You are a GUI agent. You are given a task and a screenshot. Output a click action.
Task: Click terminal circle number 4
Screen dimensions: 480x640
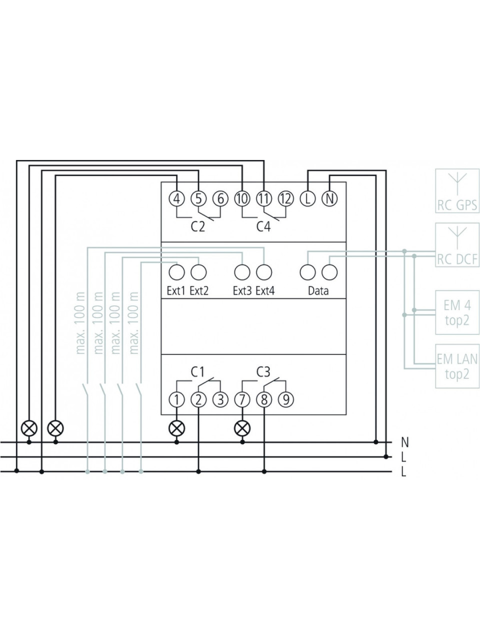coord(176,199)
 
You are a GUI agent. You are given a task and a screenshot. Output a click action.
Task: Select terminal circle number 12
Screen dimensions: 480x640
coord(286,199)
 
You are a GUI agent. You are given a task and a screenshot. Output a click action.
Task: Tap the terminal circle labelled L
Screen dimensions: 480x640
coord(308,199)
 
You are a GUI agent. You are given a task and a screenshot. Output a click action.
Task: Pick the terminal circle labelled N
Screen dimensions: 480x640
coord(329,199)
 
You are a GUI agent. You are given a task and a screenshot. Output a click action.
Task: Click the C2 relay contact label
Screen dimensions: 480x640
coord(198,226)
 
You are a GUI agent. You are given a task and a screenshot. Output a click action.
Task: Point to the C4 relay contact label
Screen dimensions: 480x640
coord(264,226)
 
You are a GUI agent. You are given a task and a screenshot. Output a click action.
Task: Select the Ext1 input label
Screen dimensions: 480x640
coord(176,290)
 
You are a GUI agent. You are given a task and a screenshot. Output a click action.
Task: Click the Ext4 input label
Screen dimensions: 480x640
coord(265,290)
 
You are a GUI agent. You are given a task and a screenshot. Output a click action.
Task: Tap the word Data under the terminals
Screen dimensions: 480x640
coord(318,290)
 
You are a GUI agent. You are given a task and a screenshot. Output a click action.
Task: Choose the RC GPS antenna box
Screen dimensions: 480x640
coord(457,190)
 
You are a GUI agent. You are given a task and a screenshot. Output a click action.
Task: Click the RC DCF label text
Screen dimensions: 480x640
coord(457,259)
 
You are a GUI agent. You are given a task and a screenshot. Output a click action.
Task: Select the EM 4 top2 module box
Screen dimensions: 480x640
coord(457,312)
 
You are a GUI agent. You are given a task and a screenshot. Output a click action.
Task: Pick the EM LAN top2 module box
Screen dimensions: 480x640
coord(457,366)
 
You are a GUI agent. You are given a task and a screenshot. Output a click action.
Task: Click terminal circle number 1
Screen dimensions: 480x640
coord(176,399)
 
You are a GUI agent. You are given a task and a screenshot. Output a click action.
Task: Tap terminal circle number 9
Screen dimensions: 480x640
coord(286,399)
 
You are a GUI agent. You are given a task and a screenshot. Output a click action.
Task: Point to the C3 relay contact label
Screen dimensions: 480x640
coord(263,372)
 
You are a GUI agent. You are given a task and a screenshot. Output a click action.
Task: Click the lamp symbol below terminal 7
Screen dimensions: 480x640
coord(242,428)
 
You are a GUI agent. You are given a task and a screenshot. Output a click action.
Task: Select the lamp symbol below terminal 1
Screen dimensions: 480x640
coord(176,428)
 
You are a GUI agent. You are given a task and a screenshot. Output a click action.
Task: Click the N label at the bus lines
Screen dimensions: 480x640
coord(405,442)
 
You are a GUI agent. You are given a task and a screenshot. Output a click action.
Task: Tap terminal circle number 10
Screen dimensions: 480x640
coord(242,199)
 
